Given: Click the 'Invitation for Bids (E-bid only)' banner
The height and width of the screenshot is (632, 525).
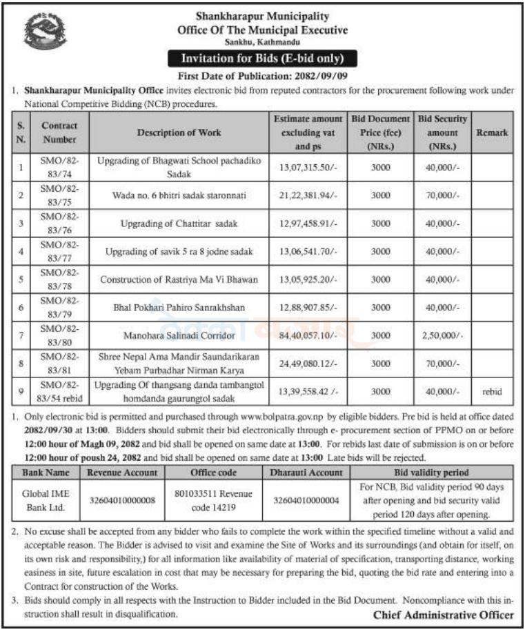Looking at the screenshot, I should pos(262,58).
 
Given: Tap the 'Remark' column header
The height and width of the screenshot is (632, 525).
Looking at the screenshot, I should pos(493,132).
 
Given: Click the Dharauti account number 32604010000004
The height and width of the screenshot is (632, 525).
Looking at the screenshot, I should pos(306,500).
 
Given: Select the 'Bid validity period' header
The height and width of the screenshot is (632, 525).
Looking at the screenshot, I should pos(432,473).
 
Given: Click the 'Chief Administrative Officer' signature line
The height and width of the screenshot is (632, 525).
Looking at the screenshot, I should pos(444,615).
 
